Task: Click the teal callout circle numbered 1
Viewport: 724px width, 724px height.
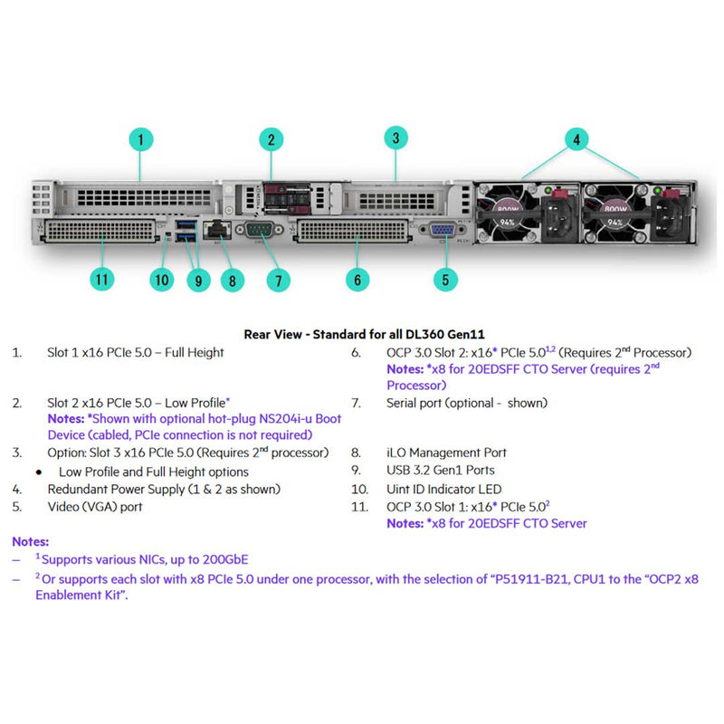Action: (140, 139)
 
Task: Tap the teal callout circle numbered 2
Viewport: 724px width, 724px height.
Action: (271, 139)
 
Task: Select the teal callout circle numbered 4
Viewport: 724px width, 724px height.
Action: (577, 139)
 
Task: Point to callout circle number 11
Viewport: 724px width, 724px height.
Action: (102, 279)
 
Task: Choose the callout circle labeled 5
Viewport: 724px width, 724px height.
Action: (444, 279)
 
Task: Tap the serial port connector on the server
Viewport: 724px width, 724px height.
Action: (261, 230)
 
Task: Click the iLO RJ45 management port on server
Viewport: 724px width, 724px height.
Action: (217, 231)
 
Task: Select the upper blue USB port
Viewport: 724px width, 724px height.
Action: (186, 224)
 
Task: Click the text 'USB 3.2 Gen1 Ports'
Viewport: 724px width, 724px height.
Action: (441, 470)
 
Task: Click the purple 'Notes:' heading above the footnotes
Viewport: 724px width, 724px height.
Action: (31, 541)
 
